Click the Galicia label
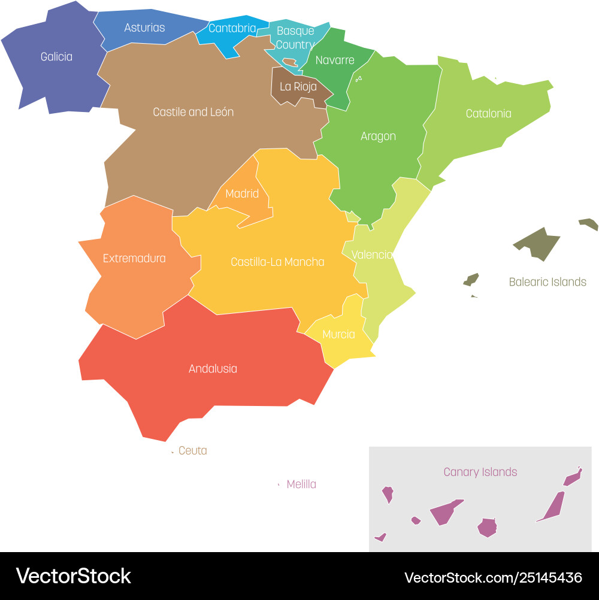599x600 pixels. [x=56, y=57]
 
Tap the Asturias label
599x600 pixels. [x=144, y=28]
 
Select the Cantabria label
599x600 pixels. [x=232, y=28]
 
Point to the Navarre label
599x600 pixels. [x=335, y=60]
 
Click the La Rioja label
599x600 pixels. [x=298, y=86]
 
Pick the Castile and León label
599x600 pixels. [x=193, y=112]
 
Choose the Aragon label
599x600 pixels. [x=378, y=137]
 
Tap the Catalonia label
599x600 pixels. [x=488, y=113]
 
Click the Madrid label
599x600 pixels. [x=242, y=193]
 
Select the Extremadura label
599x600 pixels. [x=134, y=259]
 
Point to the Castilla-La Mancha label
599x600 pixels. [x=277, y=262]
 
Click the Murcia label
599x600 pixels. [x=338, y=335]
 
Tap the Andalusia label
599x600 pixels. [x=213, y=369]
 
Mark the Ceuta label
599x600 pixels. [x=193, y=451]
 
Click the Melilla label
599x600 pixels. [x=301, y=484]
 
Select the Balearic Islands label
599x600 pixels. [x=547, y=282]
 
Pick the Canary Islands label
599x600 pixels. [x=480, y=472]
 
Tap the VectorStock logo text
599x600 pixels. [x=74, y=576]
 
